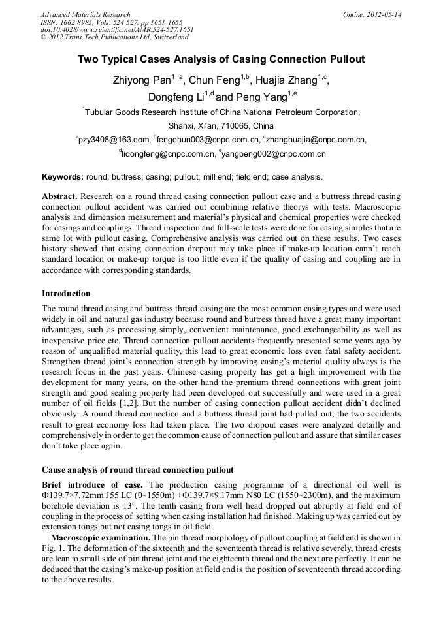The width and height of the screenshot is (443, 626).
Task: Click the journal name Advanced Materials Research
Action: point(85,14)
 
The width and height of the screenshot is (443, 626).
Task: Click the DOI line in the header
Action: point(117,29)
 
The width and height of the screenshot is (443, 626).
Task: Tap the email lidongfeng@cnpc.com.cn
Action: point(169,155)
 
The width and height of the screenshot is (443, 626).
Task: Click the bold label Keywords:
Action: point(63,177)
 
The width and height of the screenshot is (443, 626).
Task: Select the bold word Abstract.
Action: point(59,196)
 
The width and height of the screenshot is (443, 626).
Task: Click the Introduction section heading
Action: point(66,294)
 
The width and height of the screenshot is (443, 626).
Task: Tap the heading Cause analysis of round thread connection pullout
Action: point(138,470)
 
